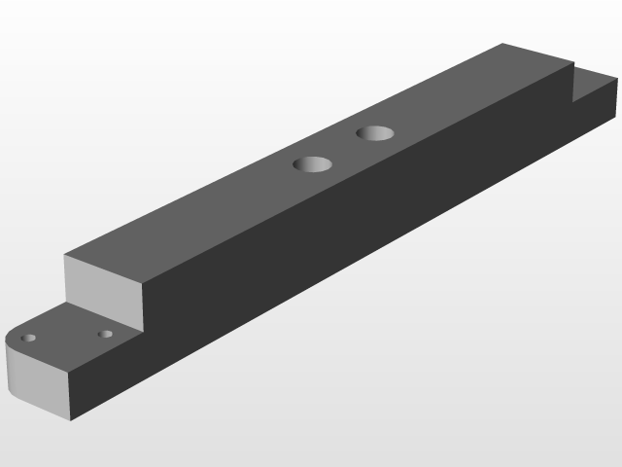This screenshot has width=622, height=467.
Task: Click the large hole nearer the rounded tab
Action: (x=313, y=164)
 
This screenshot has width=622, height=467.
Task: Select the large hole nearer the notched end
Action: (x=374, y=132)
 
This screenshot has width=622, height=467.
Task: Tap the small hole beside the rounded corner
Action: (x=29, y=338)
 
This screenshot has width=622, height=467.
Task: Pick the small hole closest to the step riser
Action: (x=105, y=335)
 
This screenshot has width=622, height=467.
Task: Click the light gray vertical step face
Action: (x=102, y=287)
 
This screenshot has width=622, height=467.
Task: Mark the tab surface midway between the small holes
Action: (x=67, y=337)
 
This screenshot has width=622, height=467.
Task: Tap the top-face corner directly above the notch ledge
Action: (x=573, y=66)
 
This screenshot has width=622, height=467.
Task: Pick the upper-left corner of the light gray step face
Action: (x=65, y=256)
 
